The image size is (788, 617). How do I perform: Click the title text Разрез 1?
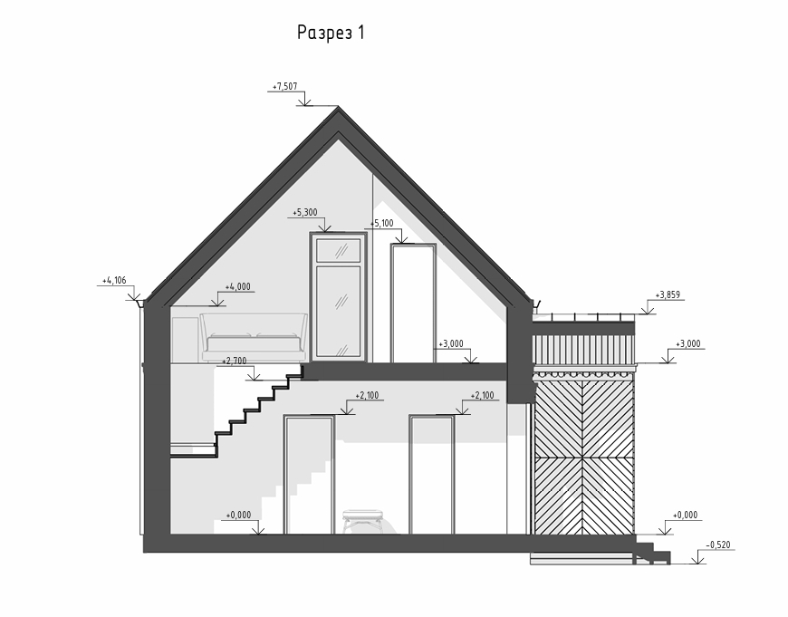331,34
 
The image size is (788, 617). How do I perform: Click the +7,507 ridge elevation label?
284,87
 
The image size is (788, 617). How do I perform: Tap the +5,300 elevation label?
305,213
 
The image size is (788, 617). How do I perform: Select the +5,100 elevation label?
382,223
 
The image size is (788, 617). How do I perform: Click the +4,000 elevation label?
238,286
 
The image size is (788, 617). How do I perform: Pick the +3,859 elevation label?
668,295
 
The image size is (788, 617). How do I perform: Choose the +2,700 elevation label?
235,361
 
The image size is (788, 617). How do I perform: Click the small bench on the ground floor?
362,518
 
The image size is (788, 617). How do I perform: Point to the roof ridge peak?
339,110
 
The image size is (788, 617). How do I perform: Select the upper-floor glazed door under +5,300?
338,296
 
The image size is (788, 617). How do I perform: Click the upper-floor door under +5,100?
412,303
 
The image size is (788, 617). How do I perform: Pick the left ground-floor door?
308,475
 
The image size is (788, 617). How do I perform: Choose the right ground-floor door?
432,475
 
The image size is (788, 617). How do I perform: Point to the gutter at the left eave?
139,303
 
